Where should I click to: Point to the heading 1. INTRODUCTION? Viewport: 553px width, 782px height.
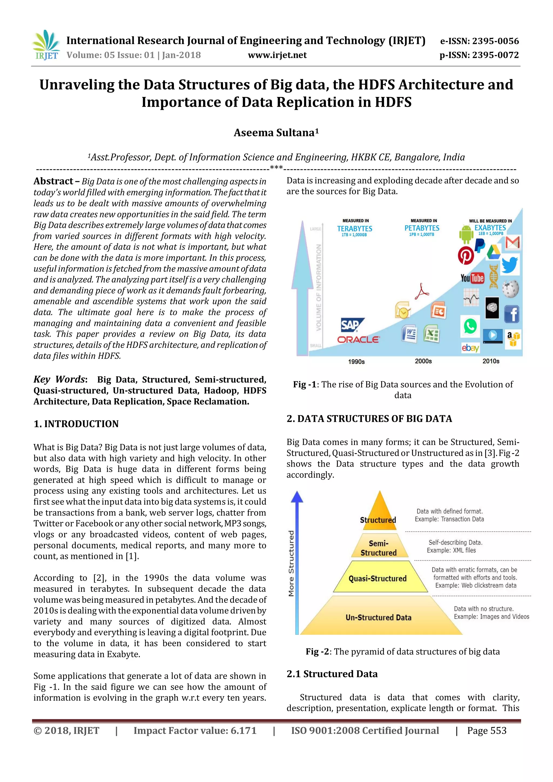76,424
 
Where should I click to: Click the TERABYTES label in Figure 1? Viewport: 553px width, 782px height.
355,228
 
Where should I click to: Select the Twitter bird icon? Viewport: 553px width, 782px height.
510,265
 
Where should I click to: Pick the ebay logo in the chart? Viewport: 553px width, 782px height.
470,348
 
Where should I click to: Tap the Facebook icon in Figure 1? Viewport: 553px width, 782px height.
511,314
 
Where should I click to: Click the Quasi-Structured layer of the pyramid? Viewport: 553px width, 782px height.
377,578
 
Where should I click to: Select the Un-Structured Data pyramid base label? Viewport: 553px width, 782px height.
378,618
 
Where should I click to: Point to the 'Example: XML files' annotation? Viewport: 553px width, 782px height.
451,550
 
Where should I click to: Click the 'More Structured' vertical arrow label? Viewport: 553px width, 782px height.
291,563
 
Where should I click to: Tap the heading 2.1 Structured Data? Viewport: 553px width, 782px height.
332,674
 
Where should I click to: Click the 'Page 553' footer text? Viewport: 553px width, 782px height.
487,731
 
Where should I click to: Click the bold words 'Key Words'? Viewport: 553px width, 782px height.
59,379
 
